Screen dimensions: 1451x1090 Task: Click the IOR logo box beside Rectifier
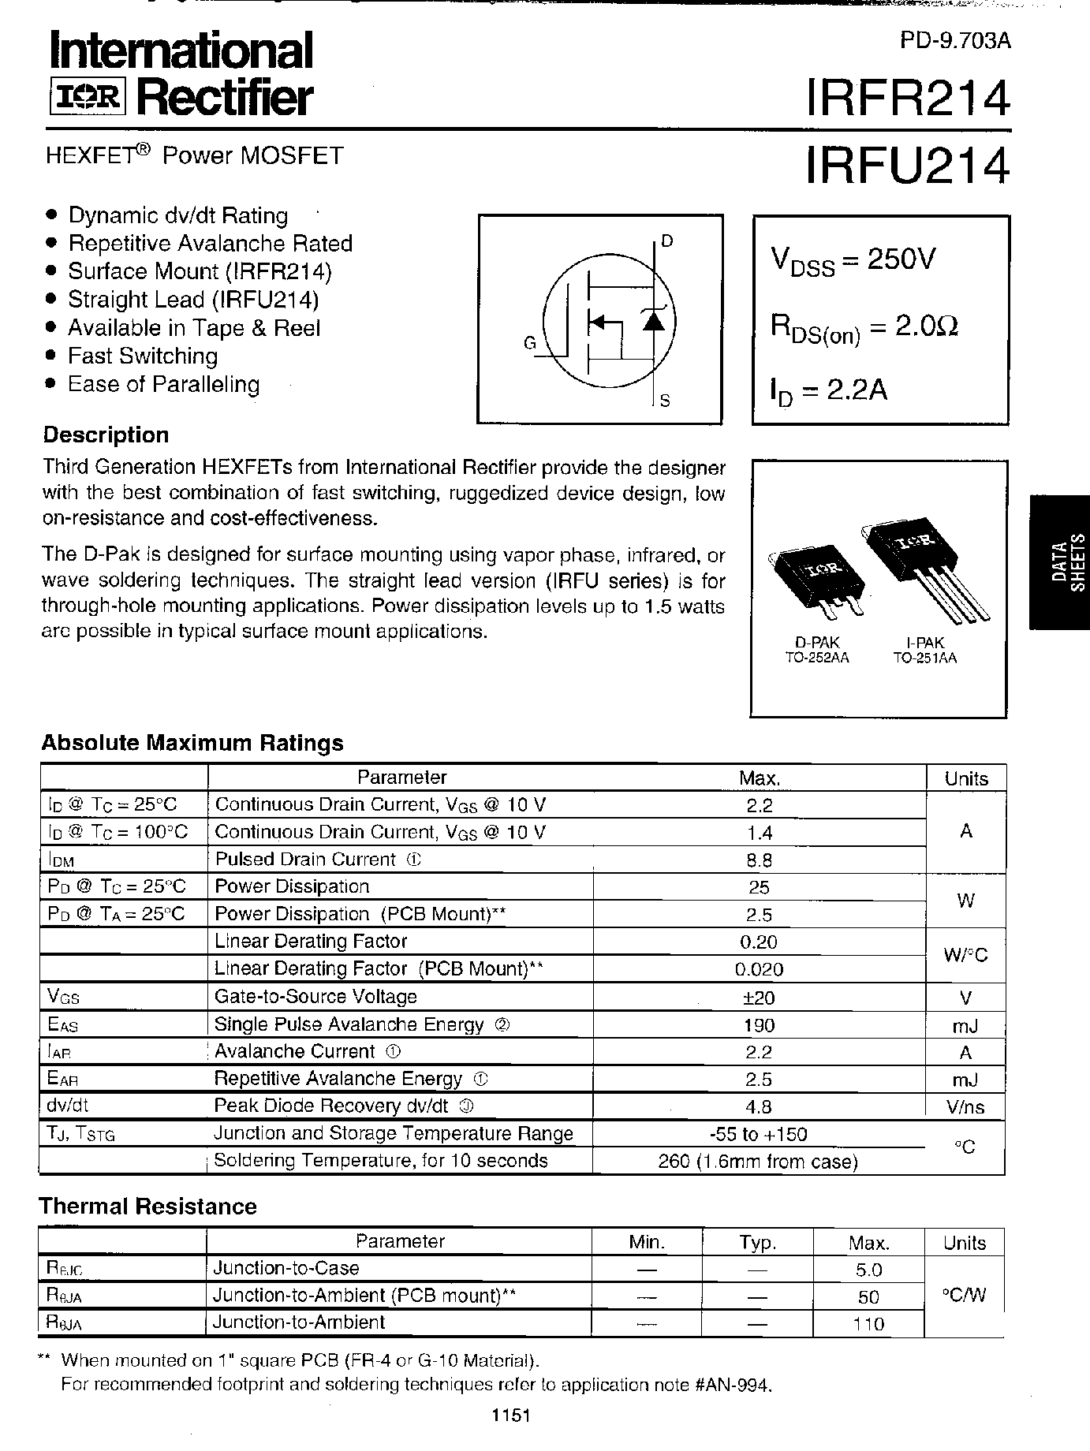pos(85,97)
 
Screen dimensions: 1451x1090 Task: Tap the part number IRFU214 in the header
pos(906,166)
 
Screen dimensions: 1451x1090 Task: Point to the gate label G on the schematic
pos(530,343)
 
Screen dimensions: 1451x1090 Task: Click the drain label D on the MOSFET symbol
pos(666,241)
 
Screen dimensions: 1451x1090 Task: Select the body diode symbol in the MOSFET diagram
pos(653,319)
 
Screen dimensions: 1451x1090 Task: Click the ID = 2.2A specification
pos(829,391)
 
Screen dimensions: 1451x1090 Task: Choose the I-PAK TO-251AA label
pos(924,651)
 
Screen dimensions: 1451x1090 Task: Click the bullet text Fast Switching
pos(143,356)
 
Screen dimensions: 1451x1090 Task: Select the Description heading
pos(106,435)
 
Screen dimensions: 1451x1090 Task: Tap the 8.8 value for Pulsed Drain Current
pos(758,860)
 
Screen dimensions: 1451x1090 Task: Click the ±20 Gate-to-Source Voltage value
pos(758,998)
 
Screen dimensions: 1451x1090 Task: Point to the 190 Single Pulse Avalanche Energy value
pos(758,1025)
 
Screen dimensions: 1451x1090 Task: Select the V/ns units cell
pos(965,1107)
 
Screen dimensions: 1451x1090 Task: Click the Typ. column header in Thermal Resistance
pos(758,1244)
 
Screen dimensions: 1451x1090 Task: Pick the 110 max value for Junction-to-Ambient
pos(868,1324)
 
